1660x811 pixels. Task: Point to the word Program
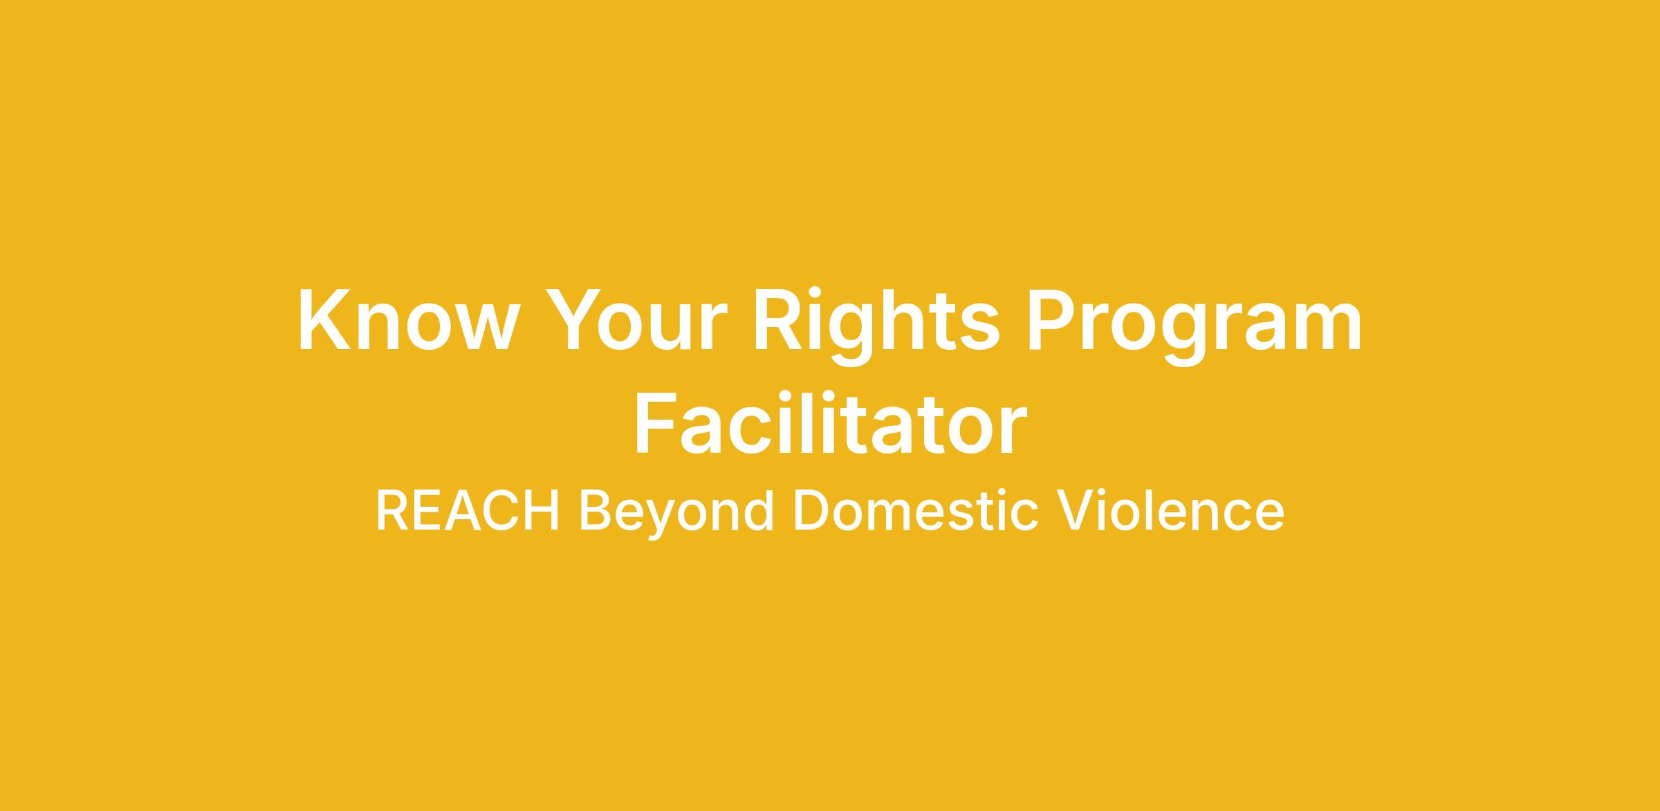coord(1194,325)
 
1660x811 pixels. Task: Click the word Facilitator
coord(830,422)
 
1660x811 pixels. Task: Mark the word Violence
coord(1170,511)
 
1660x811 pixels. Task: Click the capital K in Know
coord(324,319)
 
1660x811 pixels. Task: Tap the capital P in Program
coord(1051,319)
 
